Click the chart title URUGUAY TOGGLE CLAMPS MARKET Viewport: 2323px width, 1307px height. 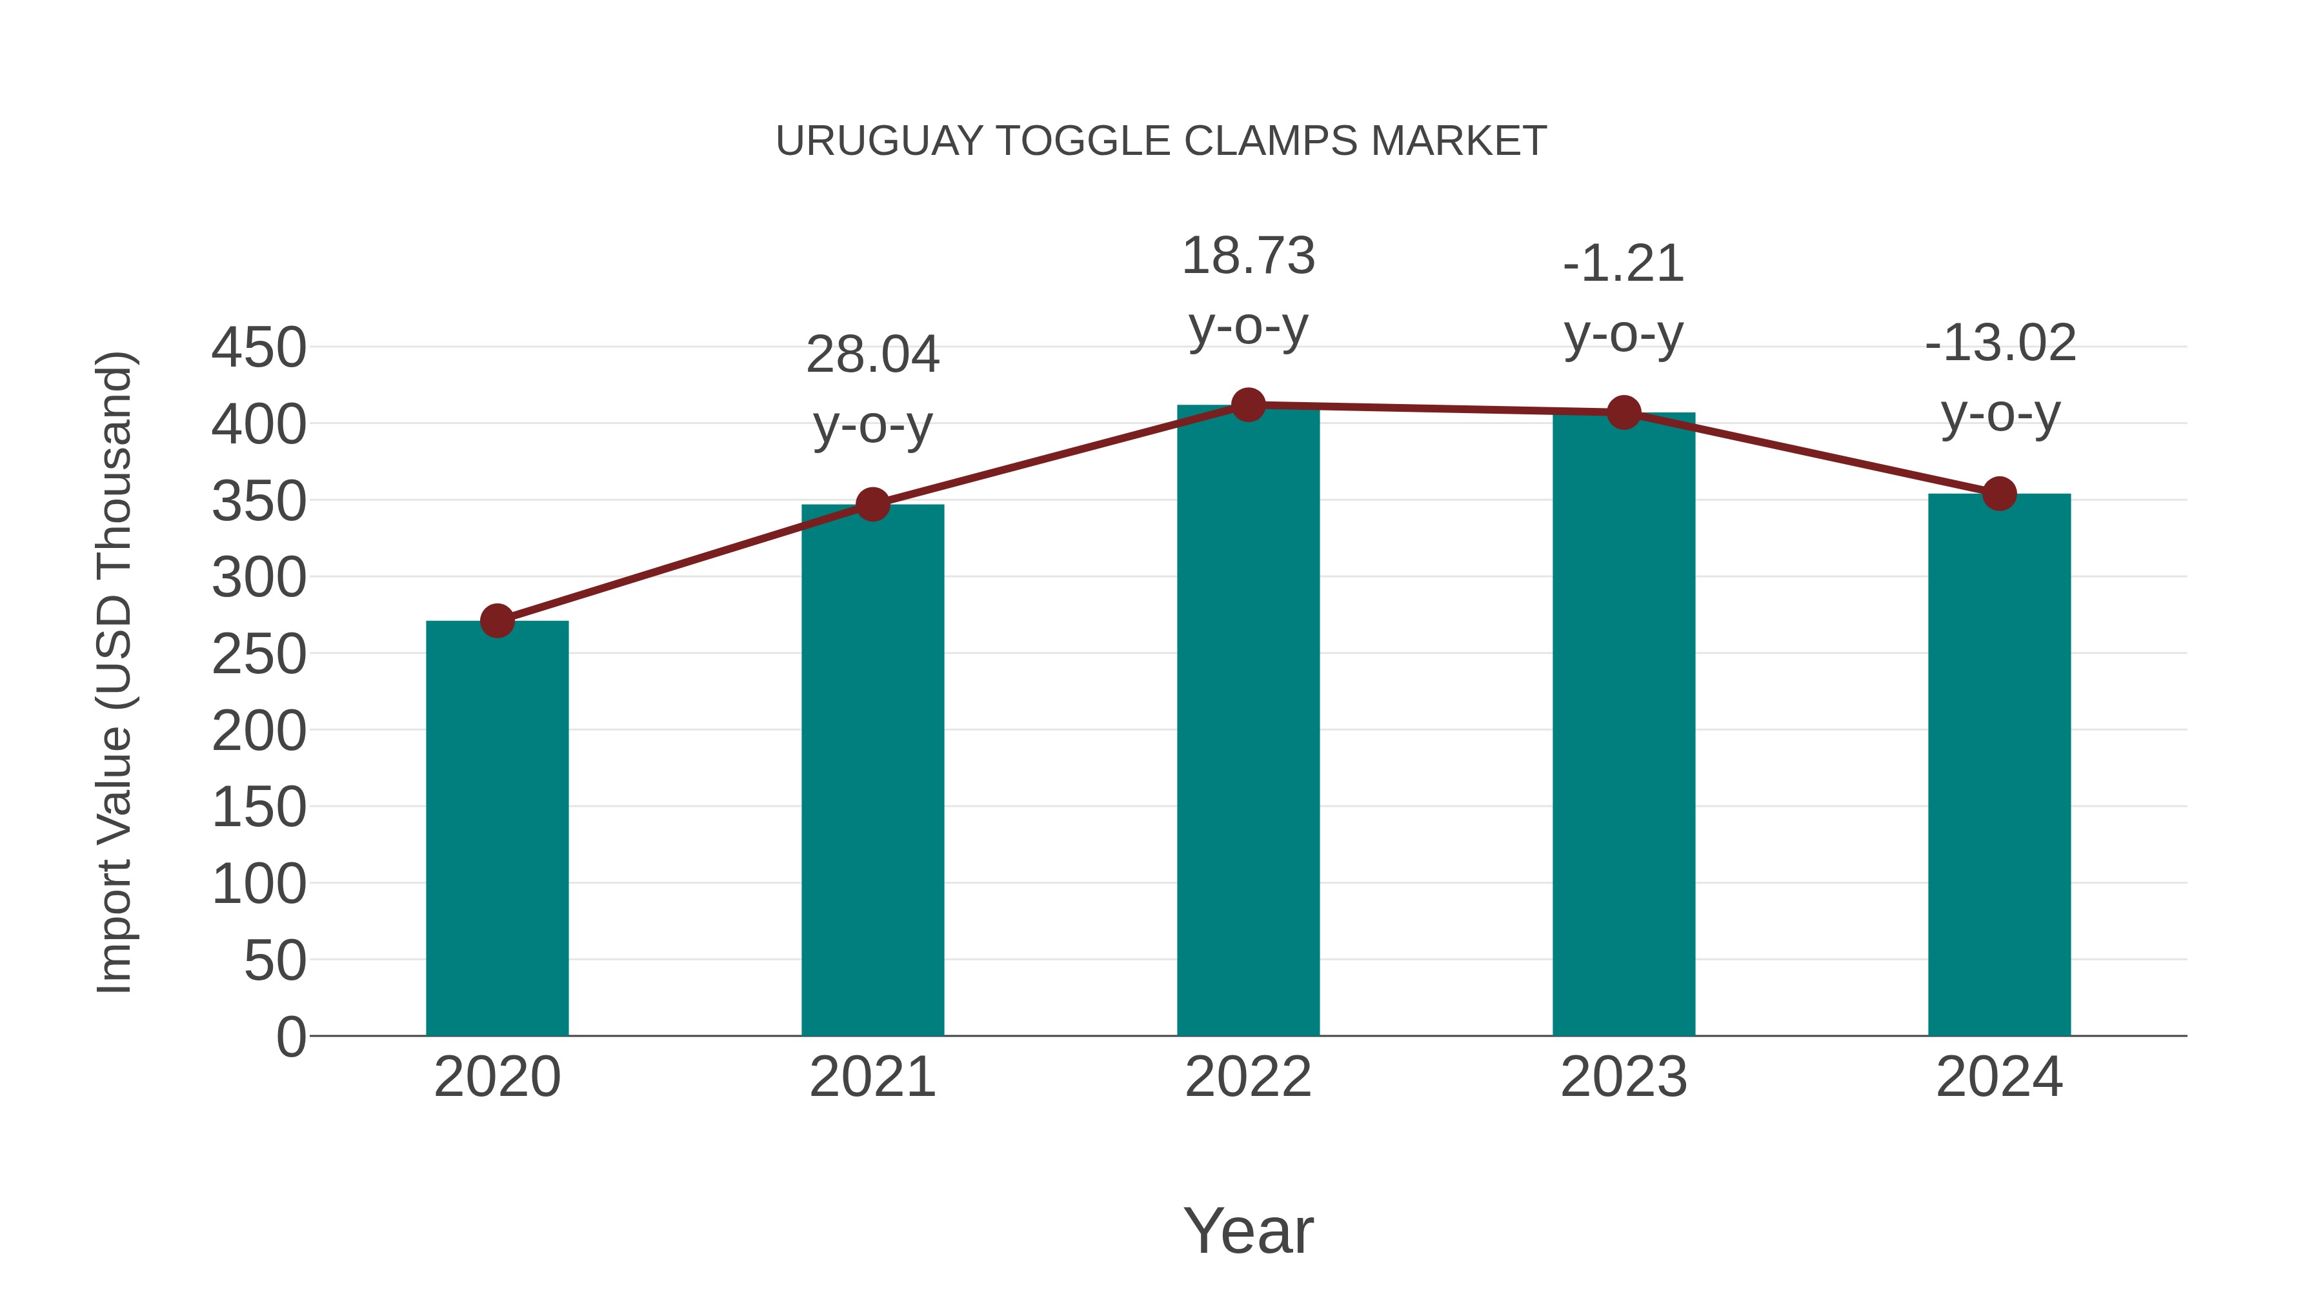click(1161, 141)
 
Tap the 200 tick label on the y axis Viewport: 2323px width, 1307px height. click(259, 731)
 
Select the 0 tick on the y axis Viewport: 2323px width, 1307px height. click(290, 1037)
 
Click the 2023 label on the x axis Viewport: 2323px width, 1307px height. click(1624, 1077)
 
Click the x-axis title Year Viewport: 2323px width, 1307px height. click(1248, 1230)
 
